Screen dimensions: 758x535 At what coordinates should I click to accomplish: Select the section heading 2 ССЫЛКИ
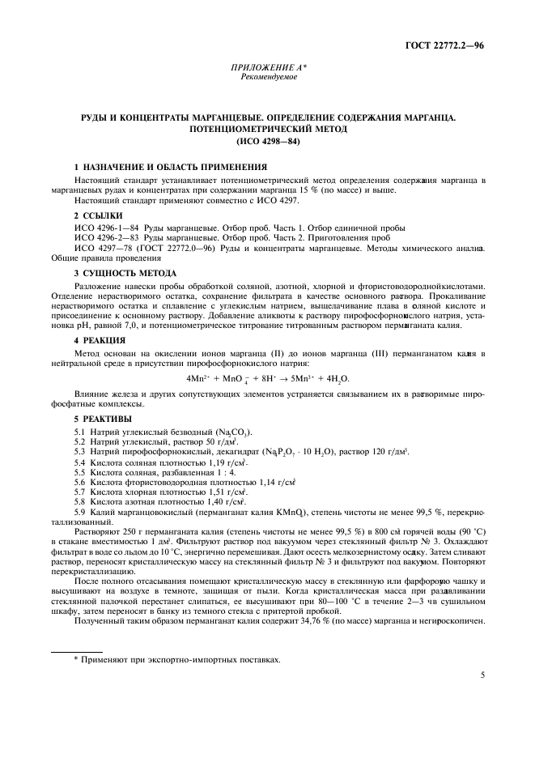98,216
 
